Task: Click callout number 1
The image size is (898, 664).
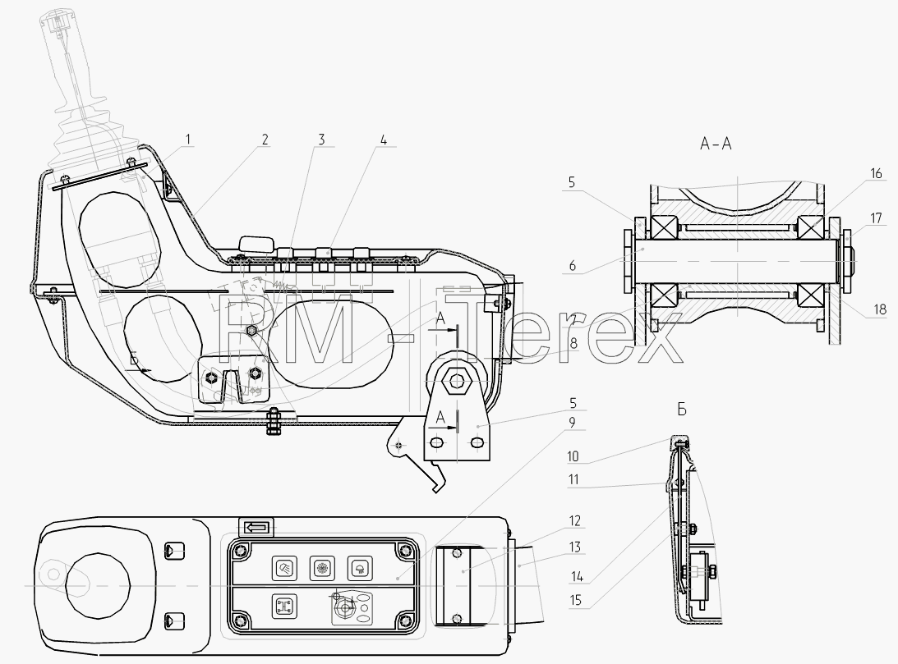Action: pyautogui.click(x=187, y=139)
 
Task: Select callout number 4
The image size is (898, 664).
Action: pyautogui.click(x=384, y=140)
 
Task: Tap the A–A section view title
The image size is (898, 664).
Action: pyautogui.click(x=716, y=144)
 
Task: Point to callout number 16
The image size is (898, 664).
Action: pyautogui.click(x=876, y=173)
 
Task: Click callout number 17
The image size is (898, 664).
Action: pyautogui.click(x=876, y=218)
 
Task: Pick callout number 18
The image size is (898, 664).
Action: pyautogui.click(x=880, y=309)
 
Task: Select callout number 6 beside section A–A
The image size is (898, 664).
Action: pyautogui.click(x=572, y=265)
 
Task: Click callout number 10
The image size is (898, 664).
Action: pyautogui.click(x=573, y=456)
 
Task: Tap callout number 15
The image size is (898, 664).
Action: pyautogui.click(x=576, y=600)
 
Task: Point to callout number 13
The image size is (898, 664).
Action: pyautogui.click(x=574, y=547)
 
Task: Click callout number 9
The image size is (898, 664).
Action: pyautogui.click(x=572, y=423)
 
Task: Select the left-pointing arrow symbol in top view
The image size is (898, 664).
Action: pyautogui.click(x=256, y=527)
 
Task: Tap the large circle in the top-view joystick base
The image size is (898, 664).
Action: pyautogui.click(x=98, y=586)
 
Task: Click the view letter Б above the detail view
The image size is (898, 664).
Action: pyautogui.click(x=682, y=410)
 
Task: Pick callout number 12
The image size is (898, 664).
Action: pyautogui.click(x=574, y=520)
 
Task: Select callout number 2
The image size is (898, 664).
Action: pyautogui.click(x=265, y=139)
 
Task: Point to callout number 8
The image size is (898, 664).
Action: pyautogui.click(x=573, y=343)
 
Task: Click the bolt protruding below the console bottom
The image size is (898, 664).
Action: pyautogui.click(x=274, y=421)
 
